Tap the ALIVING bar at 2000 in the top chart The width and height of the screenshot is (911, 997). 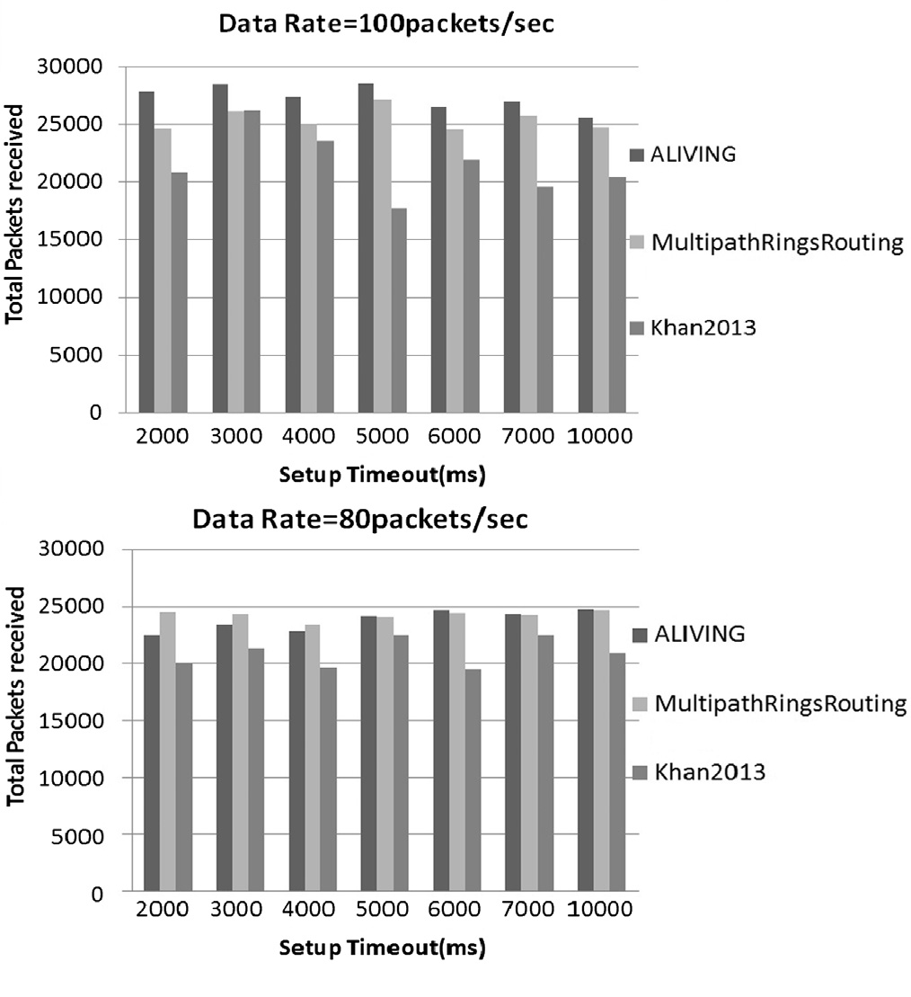[x=146, y=252]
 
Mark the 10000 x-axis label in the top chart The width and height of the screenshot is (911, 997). [x=601, y=437]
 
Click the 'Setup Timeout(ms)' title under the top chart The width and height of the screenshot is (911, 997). [x=382, y=474]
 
